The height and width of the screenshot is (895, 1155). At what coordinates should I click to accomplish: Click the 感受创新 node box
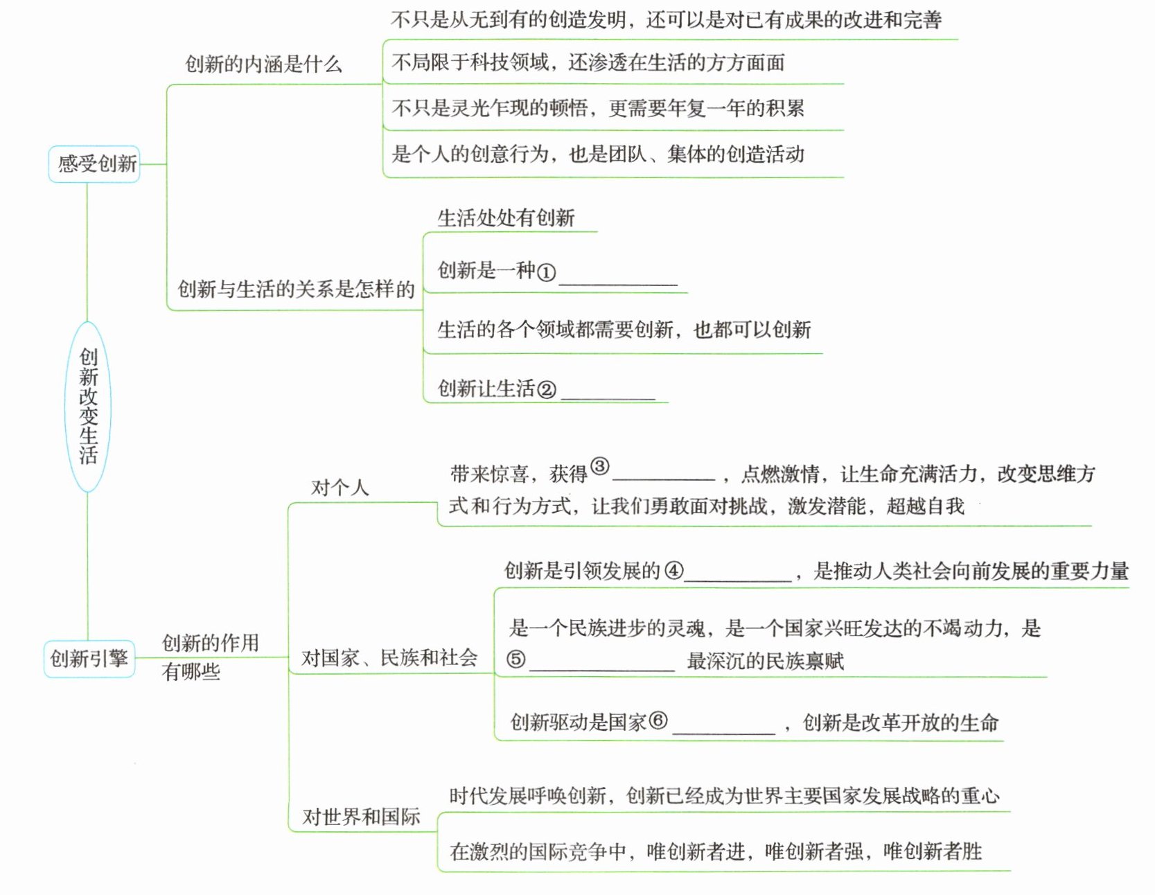[x=94, y=164]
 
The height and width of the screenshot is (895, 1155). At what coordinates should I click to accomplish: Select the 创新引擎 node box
[x=89, y=658]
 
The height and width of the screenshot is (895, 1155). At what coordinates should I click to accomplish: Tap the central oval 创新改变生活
[x=88, y=406]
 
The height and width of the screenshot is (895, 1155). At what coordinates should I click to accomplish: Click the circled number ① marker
[x=546, y=272]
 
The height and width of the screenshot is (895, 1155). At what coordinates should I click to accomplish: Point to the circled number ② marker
[x=547, y=390]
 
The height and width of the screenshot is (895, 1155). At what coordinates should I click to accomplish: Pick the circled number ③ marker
[x=599, y=467]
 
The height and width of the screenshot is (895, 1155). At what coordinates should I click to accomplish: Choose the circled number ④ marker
[x=673, y=571]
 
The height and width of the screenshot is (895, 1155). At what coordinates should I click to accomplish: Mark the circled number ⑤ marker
[x=515, y=659]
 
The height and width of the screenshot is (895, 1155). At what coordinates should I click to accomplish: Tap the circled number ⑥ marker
[x=658, y=720]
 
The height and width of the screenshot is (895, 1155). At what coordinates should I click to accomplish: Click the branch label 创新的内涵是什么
[x=263, y=64]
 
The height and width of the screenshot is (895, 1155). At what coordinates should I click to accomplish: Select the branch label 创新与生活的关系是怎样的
[x=296, y=289]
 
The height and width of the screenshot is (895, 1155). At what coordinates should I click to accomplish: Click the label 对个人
[x=340, y=488]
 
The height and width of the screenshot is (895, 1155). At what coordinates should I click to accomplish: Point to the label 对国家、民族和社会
[x=389, y=657]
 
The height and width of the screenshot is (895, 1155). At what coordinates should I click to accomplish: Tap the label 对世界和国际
[x=361, y=817]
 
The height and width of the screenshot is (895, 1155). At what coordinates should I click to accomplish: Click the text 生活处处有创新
[x=506, y=218]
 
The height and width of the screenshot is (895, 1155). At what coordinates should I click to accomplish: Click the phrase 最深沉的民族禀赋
[x=765, y=661]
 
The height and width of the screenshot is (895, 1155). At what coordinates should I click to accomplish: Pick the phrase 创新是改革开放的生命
[x=900, y=723]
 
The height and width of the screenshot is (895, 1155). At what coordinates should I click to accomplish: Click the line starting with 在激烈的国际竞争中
[x=716, y=851]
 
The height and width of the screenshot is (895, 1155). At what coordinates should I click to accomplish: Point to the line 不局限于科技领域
[x=588, y=63]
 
